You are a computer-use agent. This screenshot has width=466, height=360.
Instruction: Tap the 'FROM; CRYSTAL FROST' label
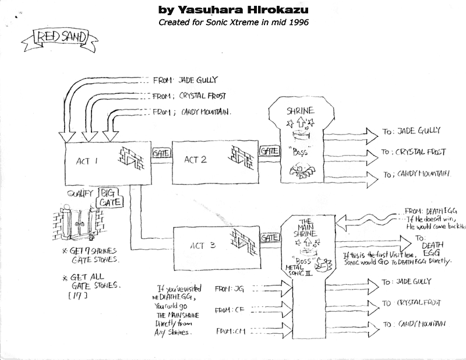pos(188,96)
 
